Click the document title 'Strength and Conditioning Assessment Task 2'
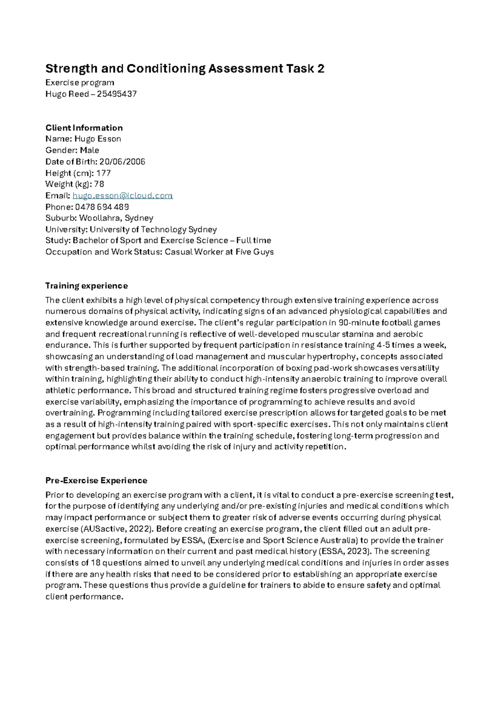[185, 69]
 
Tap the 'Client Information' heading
[84, 128]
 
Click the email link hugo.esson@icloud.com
[122, 196]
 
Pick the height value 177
[103, 173]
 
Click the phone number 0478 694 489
[102, 207]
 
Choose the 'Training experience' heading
[86, 286]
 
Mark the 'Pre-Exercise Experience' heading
[96, 480]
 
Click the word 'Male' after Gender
[89, 150]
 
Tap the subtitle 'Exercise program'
[80, 83]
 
